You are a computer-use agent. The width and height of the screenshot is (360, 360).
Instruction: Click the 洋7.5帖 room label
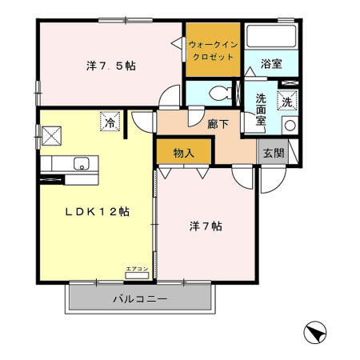point(110,66)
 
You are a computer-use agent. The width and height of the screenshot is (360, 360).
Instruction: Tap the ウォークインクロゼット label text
point(212,50)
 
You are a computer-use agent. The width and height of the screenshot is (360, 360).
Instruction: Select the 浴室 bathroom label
point(270,64)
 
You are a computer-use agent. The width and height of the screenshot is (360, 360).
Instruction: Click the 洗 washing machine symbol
point(286,102)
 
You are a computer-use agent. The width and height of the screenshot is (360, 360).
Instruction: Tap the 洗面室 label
point(261,110)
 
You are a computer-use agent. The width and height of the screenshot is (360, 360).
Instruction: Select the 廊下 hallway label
point(218,124)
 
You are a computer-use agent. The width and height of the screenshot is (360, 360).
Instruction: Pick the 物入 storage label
point(183,151)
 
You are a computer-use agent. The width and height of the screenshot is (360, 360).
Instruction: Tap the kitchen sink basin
point(80,164)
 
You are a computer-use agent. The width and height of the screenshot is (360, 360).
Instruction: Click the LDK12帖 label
point(98,212)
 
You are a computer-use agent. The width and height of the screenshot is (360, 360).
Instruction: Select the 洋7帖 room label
point(207,226)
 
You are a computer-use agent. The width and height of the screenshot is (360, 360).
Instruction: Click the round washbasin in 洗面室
point(289,126)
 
